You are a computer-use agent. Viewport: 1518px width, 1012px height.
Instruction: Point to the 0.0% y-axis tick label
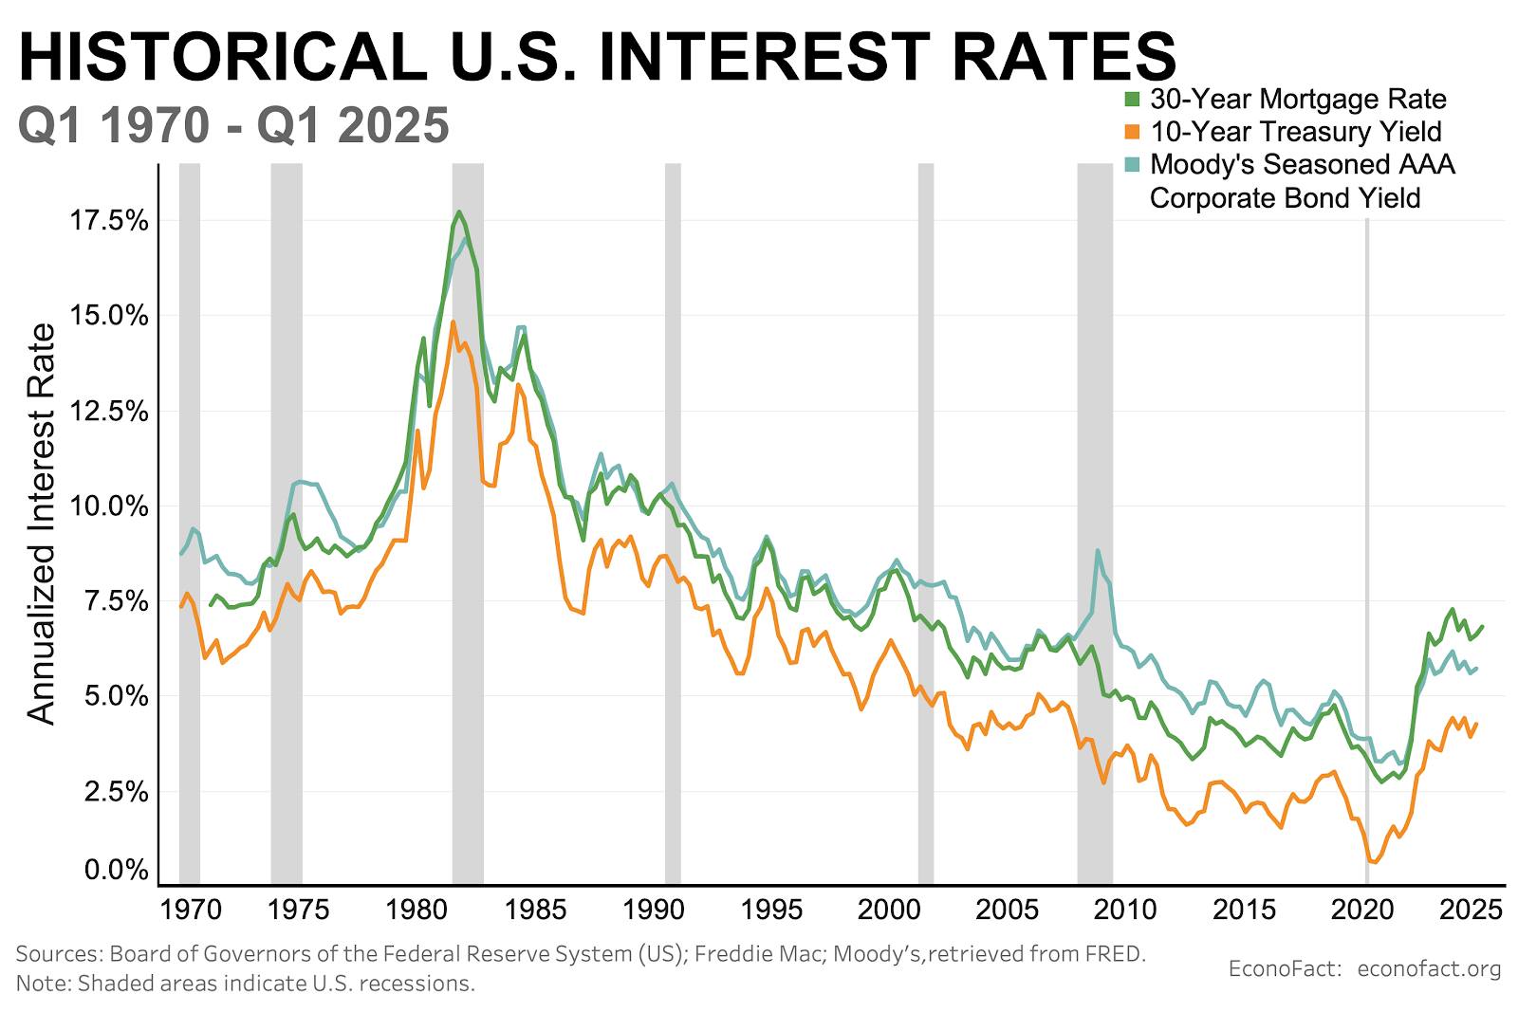point(117,869)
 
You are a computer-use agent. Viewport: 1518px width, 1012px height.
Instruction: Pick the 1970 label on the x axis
point(192,910)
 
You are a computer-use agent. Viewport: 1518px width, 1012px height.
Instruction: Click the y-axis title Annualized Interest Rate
point(42,524)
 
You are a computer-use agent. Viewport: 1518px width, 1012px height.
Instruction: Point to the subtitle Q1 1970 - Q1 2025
point(233,125)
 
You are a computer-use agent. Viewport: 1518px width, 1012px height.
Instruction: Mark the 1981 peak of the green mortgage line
point(459,212)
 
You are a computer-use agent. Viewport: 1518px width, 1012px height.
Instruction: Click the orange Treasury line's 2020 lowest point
point(1373,861)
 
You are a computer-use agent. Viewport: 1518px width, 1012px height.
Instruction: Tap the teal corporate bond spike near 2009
point(1098,550)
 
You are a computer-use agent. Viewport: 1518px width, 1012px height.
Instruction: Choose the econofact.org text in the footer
point(1429,968)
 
